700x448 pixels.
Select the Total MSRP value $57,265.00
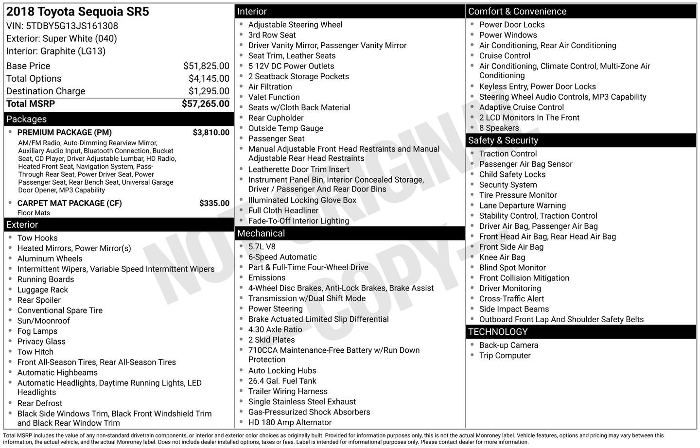205,103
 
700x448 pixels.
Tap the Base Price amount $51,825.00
206,66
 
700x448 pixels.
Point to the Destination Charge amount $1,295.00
209,91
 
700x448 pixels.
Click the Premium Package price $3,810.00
211,133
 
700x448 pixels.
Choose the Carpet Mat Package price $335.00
214,204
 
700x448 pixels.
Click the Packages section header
27,119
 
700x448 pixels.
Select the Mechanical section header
261,233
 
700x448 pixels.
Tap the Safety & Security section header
503,140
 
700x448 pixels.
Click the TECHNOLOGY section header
497,332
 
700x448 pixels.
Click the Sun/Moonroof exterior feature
43,321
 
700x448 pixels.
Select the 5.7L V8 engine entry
262,247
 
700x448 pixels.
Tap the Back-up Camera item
508,345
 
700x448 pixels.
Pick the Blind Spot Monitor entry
512,268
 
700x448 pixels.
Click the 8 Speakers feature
499,128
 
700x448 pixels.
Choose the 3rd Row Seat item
272,35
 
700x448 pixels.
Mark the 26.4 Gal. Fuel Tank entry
282,381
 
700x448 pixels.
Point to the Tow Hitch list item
35,352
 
